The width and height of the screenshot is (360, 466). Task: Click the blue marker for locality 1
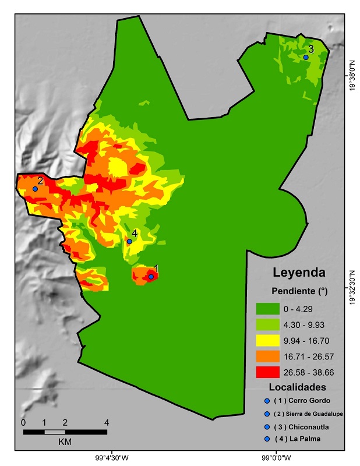click(151, 276)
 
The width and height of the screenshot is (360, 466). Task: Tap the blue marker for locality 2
click(36, 189)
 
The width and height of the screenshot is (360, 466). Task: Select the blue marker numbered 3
click(306, 57)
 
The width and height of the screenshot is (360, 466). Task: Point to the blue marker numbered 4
click(129, 241)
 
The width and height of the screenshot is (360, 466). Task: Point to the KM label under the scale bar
click(65, 442)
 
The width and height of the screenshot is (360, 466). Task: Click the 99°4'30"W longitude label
click(112, 457)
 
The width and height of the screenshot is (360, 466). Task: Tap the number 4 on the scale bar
click(107, 422)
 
